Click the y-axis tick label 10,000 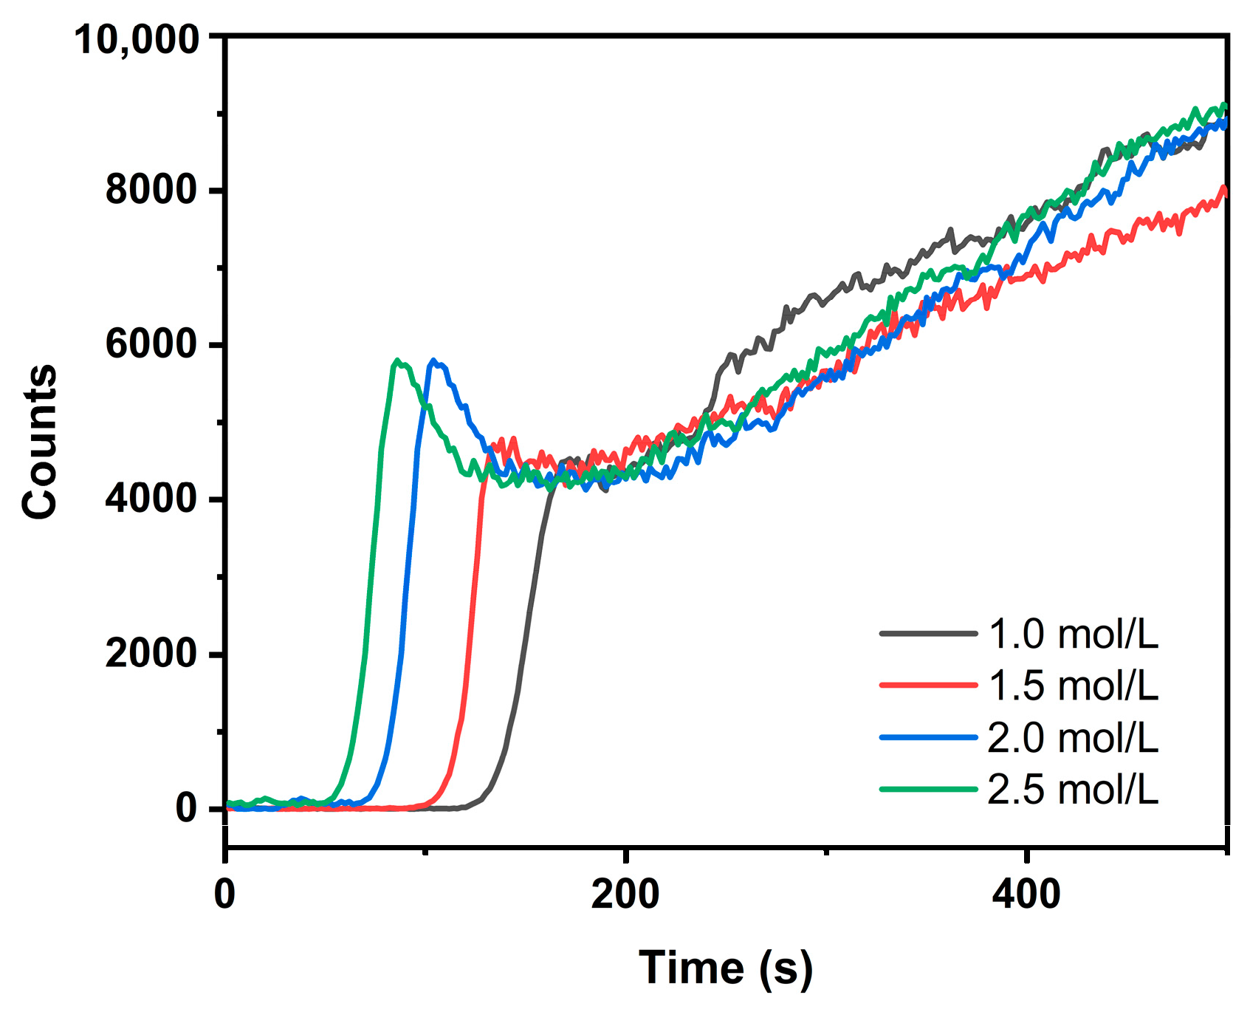137,38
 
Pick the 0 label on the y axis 186,808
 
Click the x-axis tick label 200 625,895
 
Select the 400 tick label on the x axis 1026,895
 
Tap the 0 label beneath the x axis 225,895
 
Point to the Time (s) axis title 725,969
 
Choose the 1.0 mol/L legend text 1073,635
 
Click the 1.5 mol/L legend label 1073,686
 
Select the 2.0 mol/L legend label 1073,738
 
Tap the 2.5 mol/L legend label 1073,790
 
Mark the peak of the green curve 398,360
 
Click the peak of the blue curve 434,360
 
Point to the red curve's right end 1225,189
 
